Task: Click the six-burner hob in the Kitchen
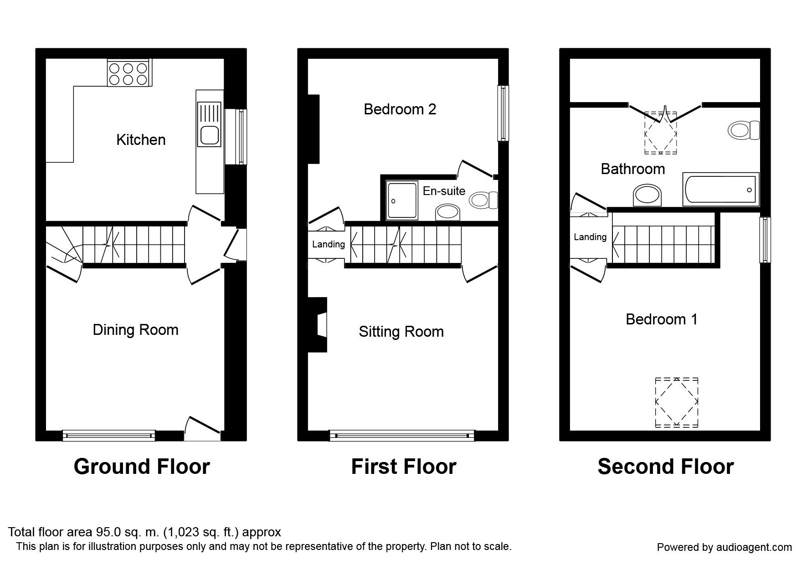point(129,73)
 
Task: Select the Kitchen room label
point(141,140)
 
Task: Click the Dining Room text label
point(135,330)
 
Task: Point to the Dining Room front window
point(108,436)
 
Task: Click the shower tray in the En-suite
point(402,200)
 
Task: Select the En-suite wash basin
point(448,212)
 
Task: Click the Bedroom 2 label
point(400,109)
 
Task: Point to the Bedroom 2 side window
point(503,113)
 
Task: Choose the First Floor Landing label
point(328,245)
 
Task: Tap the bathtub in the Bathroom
point(720,189)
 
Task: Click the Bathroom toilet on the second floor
point(744,130)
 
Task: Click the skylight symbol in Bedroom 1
point(676,402)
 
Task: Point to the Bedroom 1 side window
point(765,240)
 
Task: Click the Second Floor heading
point(665,467)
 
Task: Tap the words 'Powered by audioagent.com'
point(724,547)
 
